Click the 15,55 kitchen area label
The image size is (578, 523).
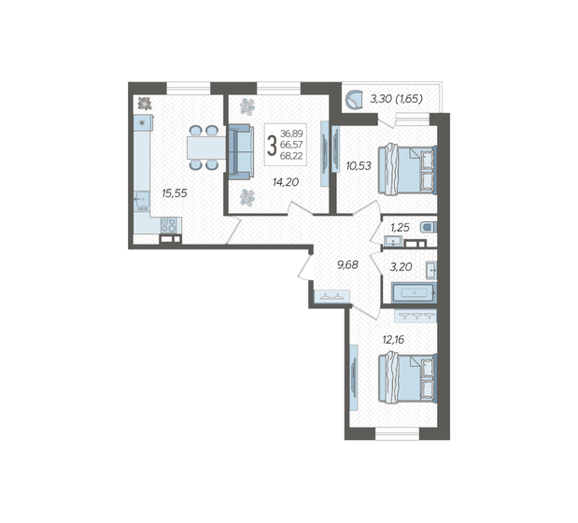pos(175,193)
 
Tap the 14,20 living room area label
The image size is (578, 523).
pos(286,182)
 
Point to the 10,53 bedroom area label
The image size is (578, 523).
pos(359,166)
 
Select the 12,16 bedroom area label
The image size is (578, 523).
pos(393,339)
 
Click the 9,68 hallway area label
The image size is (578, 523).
pos(347,264)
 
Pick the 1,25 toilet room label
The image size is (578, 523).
pos(400,227)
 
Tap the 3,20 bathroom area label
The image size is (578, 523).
pos(402,266)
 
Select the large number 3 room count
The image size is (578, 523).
pos(272,146)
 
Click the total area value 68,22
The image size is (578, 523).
pos(291,156)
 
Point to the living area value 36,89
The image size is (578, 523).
pos(291,133)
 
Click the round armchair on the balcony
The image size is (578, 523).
pos(355,100)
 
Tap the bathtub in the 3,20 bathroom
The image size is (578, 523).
pos(414,292)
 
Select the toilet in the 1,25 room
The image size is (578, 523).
pos(429,227)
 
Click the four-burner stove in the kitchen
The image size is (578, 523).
pos(169,225)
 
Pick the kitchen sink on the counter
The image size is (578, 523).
pos(142,201)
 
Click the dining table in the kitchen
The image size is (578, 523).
pos(206,148)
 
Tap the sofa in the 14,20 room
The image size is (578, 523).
pos(241,152)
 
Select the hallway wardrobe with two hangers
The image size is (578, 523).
pos(331,296)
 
